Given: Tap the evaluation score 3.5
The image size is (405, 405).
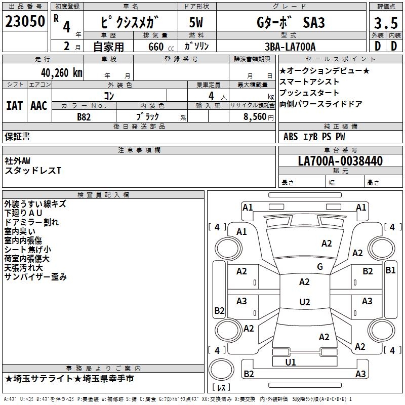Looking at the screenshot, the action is (385, 23).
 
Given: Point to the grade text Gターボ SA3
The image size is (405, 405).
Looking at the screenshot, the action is (289, 23).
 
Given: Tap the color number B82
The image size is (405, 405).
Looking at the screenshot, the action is (84, 116).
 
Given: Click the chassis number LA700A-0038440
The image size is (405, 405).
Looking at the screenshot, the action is (340, 161).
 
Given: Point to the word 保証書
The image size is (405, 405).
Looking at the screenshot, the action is (17, 136).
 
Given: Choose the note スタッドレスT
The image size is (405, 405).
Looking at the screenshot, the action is (32, 171).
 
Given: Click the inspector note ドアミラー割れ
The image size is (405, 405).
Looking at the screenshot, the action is (31, 222).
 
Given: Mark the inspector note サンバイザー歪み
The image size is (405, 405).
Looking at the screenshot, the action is (35, 277).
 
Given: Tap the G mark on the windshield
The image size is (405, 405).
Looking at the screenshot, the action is (319, 267).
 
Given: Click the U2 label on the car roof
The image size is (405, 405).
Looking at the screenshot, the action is (304, 302).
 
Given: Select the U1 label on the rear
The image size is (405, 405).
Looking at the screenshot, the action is (291, 362).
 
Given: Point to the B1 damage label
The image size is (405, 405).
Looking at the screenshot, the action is (390, 270).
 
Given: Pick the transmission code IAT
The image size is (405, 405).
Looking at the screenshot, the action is (14, 105).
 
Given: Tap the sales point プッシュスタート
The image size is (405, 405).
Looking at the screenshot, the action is (309, 93).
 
